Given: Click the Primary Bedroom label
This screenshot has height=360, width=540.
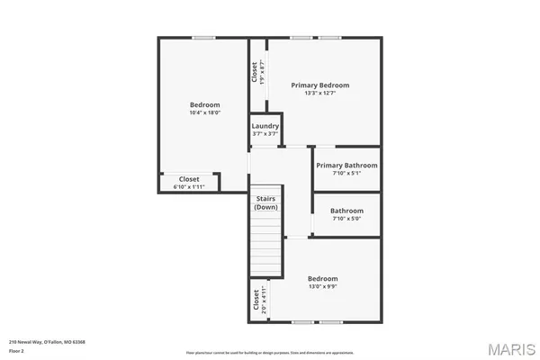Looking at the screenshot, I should (319, 85).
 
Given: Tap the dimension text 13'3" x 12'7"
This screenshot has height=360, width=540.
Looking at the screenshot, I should (319, 93).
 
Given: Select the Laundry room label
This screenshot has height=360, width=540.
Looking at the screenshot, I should (265, 126).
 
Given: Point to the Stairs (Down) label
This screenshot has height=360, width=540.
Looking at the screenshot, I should (265, 202).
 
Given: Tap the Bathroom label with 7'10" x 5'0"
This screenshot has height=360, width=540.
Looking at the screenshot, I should (346, 211).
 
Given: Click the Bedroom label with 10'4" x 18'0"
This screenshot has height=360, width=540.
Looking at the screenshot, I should (204, 104).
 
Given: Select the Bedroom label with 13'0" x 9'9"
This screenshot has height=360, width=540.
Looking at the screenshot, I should (322, 278).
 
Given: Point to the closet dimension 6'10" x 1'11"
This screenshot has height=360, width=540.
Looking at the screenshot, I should (189, 186).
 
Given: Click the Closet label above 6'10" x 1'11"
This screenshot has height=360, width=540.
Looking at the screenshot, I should (189, 179).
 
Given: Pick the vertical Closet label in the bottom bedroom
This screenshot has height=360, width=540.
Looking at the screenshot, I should (256, 299).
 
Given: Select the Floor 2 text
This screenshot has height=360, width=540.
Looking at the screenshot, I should (17, 350).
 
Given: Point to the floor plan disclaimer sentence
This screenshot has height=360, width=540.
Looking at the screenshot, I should (270, 352).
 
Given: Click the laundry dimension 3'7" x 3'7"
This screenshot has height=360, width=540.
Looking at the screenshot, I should (265, 134).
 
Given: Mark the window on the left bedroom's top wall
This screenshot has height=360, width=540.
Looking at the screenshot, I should (203, 38).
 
